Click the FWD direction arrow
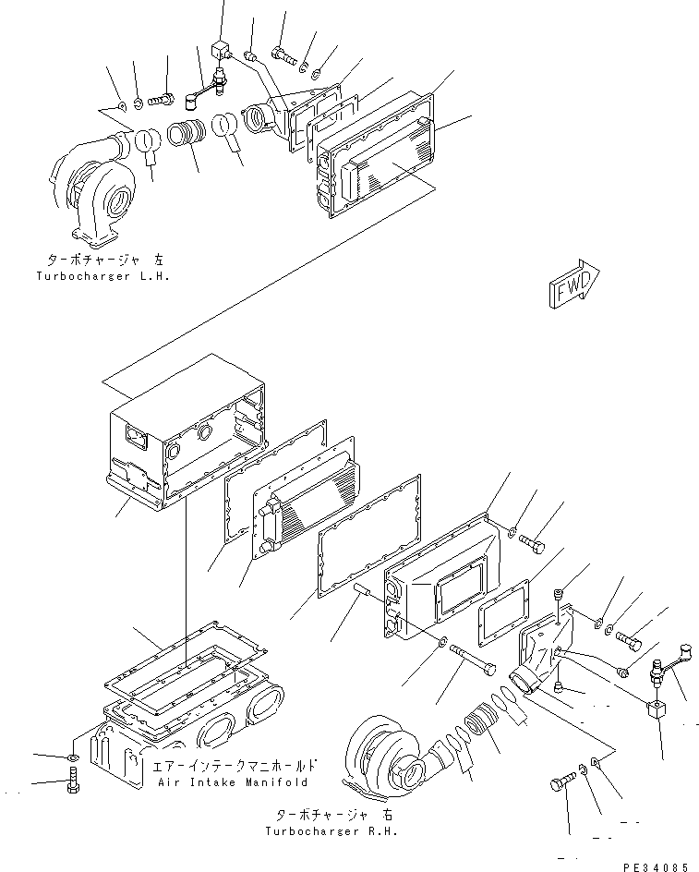572,282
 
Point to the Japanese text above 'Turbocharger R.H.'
333,815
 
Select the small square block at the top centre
220,47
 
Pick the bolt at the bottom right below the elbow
560,783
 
